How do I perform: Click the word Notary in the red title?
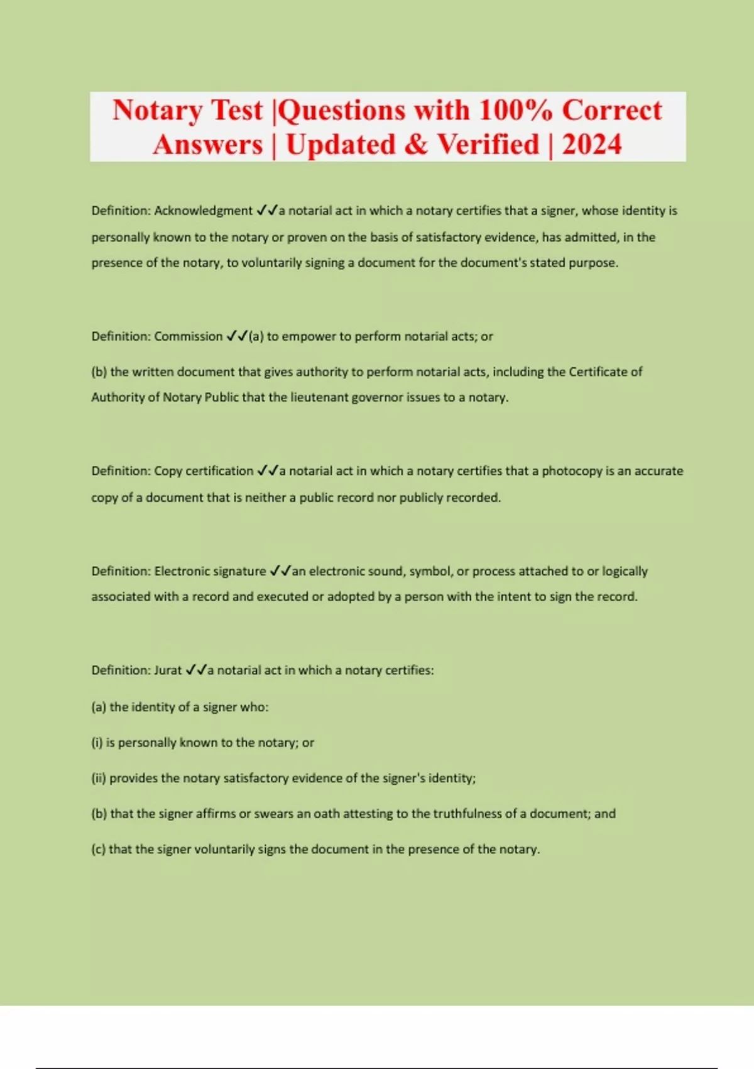pyautogui.click(x=157, y=111)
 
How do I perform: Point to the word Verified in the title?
pyautogui.click(x=488, y=145)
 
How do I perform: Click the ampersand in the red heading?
pyautogui.click(x=415, y=145)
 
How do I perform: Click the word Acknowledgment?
pyautogui.click(x=203, y=211)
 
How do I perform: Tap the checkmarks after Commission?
pyautogui.click(x=237, y=336)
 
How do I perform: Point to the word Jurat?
pyautogui.click(x=168, y=670)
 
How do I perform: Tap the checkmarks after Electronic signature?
pyautogui.click(x=280, y=571)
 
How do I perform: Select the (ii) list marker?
pyautogui.click(x=99, y=778)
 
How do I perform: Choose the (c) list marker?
pyautogui.click(x=98, y=850)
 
